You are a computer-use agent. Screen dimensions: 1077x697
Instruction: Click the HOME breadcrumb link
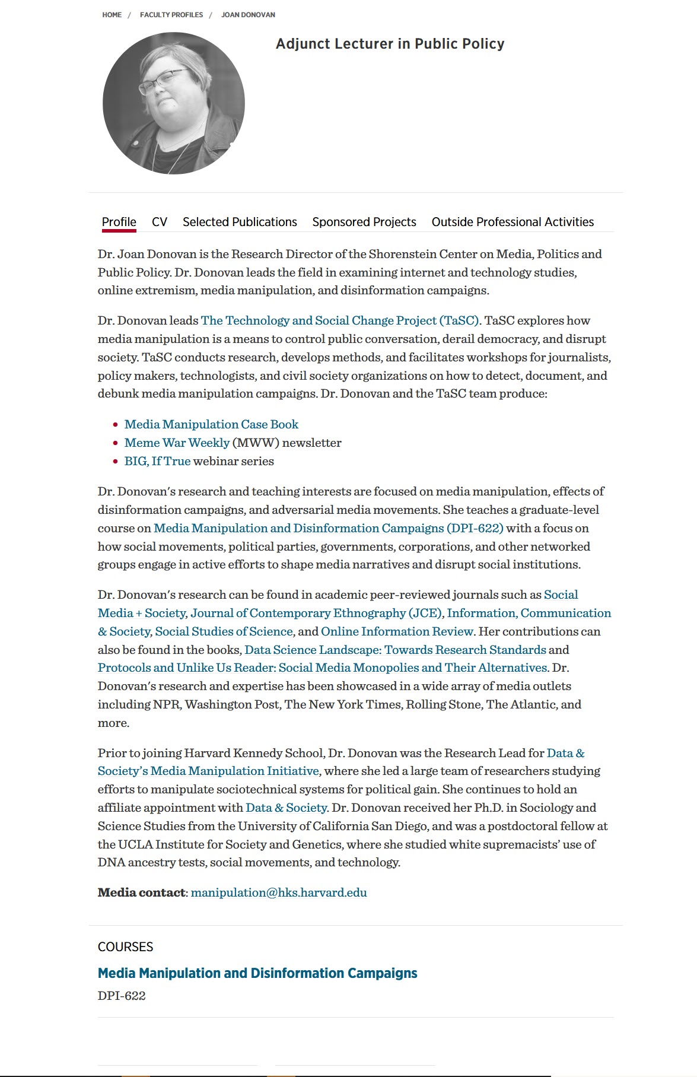(x=112, y=15)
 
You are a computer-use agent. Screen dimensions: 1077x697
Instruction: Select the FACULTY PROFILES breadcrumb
(x=171, y=15)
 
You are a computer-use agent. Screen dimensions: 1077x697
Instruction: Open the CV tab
(x=160, y=222)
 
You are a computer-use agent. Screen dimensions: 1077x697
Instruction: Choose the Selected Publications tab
(x=240, y=222)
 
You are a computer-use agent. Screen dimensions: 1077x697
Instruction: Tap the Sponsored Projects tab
(x=364, y=222)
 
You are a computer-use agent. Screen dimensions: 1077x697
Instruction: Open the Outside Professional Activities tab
(x=513, y=222)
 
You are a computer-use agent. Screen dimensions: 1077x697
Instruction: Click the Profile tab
(x=119, y=222)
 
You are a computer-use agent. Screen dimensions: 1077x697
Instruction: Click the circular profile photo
(x=174, y=103)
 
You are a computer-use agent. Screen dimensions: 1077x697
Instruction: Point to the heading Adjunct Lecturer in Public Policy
(x=390, y=44)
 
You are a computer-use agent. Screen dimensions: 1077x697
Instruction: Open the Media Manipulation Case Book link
(x=211, y=424)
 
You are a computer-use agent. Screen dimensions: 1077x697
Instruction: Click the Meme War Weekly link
(x=177, y=443)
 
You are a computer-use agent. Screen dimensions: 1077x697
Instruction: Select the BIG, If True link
(x=157, y=461)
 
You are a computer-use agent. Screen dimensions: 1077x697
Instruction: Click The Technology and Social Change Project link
(x=340, y=320)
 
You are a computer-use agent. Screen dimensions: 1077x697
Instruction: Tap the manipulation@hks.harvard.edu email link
(x=279, y=892)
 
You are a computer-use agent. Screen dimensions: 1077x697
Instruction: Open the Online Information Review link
(x=397, y=631)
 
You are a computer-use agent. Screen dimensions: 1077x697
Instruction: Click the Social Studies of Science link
(x=224, y=631)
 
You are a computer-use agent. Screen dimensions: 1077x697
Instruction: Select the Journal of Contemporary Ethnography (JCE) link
(x=316, y=613)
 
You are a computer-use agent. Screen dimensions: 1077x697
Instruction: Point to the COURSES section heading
(x=125, y=947)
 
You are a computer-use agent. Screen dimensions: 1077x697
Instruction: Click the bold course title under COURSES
(x=257, y=973)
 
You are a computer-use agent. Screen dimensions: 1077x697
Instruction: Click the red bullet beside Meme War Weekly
(x=116, y=443)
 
